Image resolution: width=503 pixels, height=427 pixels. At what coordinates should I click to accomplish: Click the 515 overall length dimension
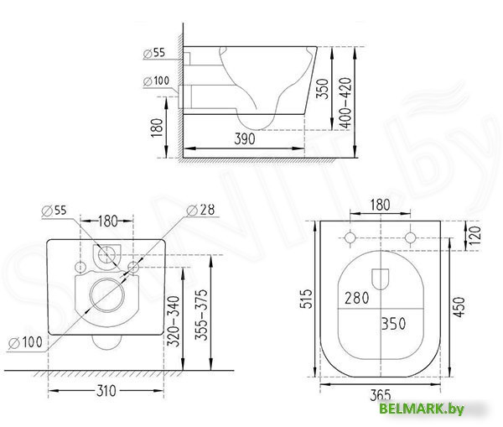pos(308,299)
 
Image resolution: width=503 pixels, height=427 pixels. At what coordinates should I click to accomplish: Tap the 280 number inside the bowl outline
pos(356,297)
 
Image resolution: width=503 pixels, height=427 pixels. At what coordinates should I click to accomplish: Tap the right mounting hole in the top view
pos(410,237)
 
